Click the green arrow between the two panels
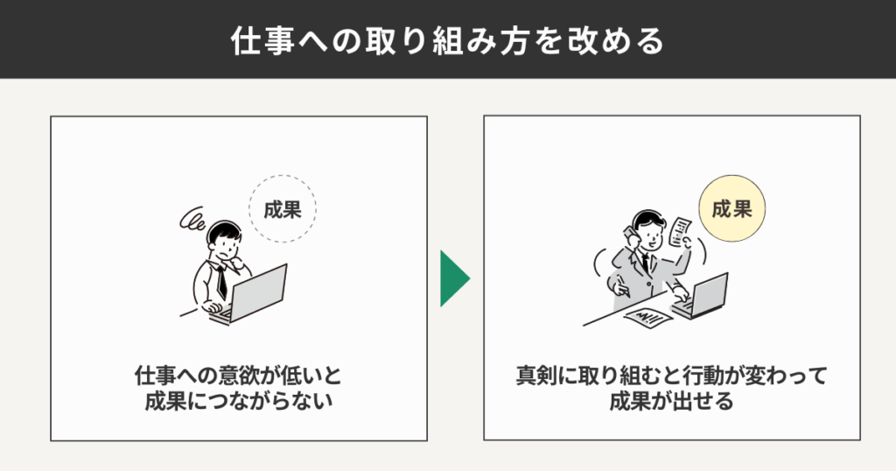point(453,279)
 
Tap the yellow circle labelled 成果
point(731,210)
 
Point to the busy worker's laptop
point(703,296)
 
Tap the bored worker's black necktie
point(223,280)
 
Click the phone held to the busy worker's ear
point(629,234)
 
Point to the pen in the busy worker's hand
point(620,282)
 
